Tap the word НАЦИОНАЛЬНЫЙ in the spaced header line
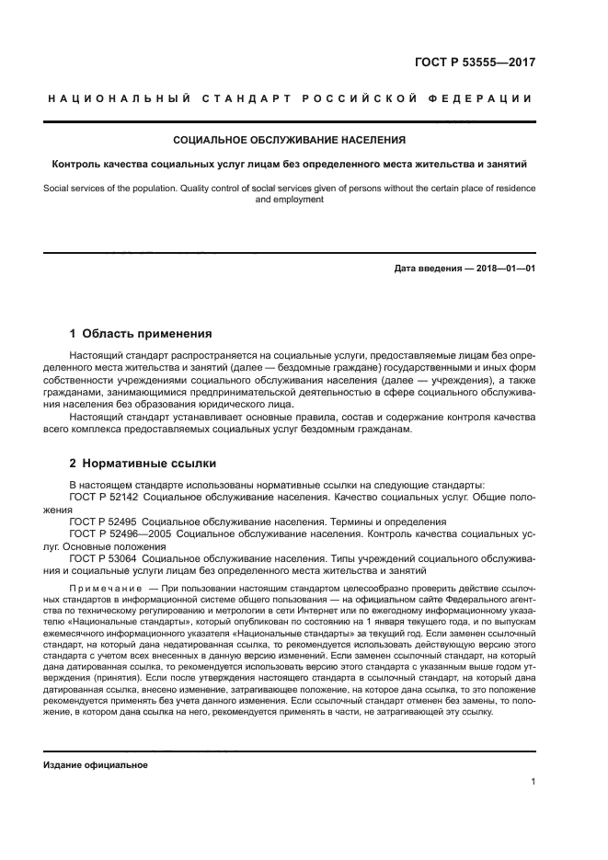[119, 99]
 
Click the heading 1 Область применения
[141, 334]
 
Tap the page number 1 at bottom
[533, 782]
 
